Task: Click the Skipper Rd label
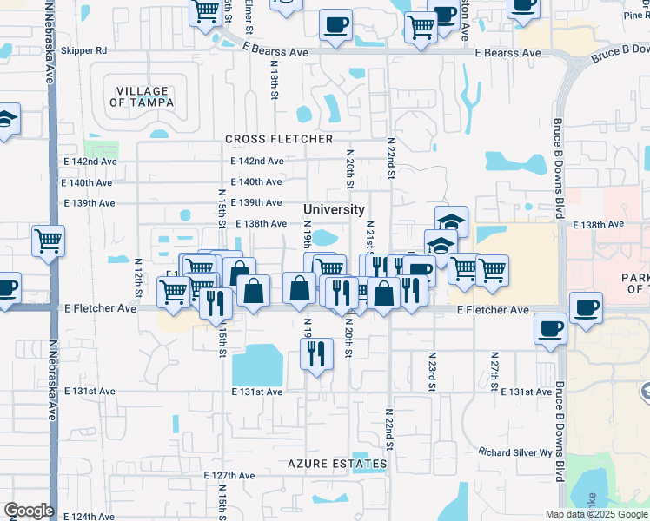[89, 51]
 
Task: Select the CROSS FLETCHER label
[279, 139]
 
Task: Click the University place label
[334, 210]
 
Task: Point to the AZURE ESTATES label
[338, 465]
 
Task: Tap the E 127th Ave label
[229, 476]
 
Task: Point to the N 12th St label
[138, 274]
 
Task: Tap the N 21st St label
[369, 236]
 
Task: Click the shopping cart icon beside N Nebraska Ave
[49, 241]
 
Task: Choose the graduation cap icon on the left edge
[5, 120]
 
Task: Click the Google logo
[29, 511]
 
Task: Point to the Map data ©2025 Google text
[595, 514]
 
